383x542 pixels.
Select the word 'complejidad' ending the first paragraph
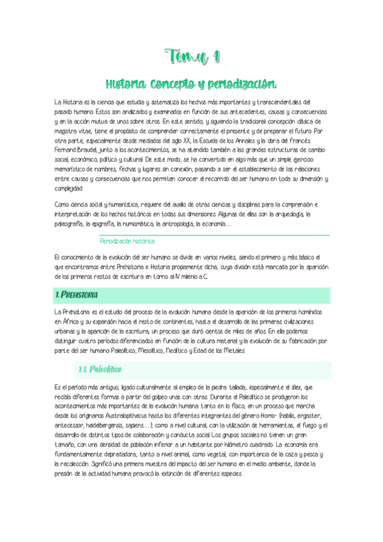pyautogui.click(x=68, y=189)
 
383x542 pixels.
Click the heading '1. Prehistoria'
pyautogui.click(x=76, y=295)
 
